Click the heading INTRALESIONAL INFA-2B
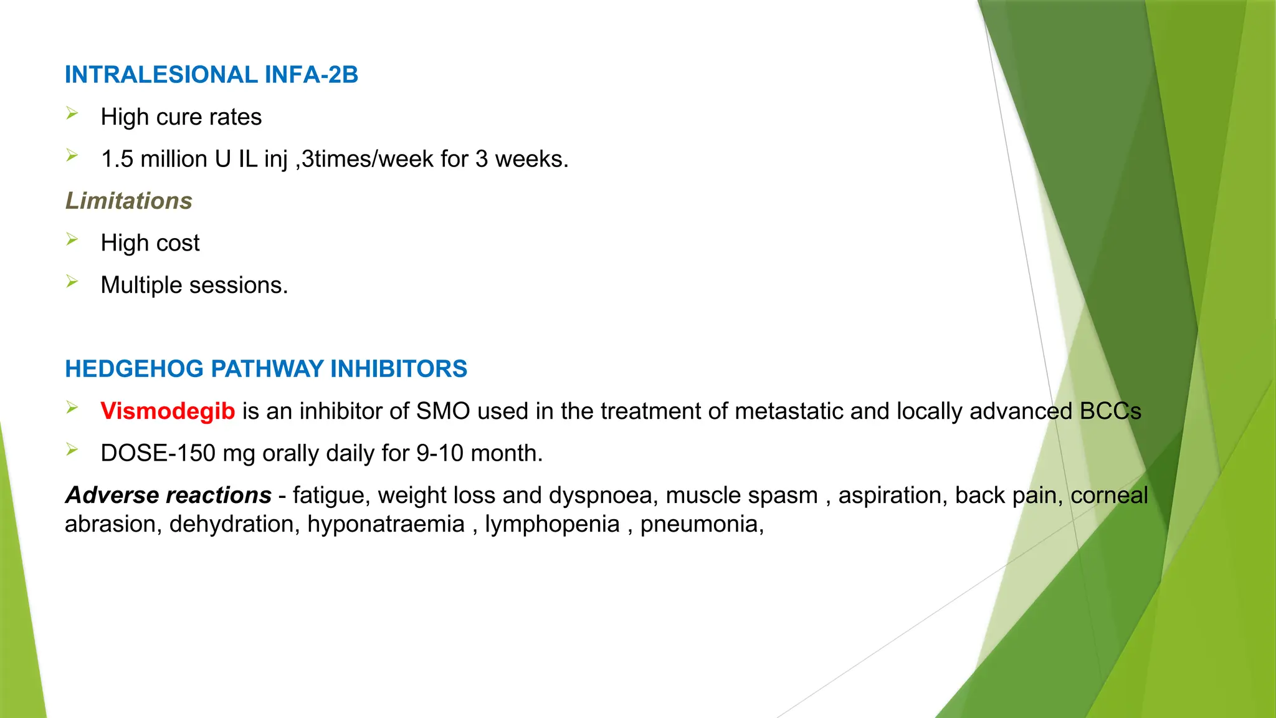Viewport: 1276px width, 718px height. coord(211,75)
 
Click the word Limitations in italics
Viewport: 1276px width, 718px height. coord(129,201)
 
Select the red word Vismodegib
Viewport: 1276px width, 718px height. coord(168,411)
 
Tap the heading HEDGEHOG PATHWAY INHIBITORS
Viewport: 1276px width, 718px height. coord(266,369)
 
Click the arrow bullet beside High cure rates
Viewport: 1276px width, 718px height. coord(72,113)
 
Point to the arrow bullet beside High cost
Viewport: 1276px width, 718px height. coord(72,239)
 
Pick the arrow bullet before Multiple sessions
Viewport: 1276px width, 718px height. coord(72,282)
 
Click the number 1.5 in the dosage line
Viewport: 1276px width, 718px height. coord(117,159)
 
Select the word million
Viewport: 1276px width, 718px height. coord(174,159)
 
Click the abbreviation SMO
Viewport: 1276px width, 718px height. coord(442,411)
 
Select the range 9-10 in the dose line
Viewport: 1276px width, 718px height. coord(440,453)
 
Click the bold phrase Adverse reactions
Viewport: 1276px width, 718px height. coord(168,495)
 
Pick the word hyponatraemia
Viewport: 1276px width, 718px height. coord(386,524)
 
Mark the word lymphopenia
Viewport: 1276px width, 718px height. coord(552,524)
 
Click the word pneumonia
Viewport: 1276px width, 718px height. coord(698,524)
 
